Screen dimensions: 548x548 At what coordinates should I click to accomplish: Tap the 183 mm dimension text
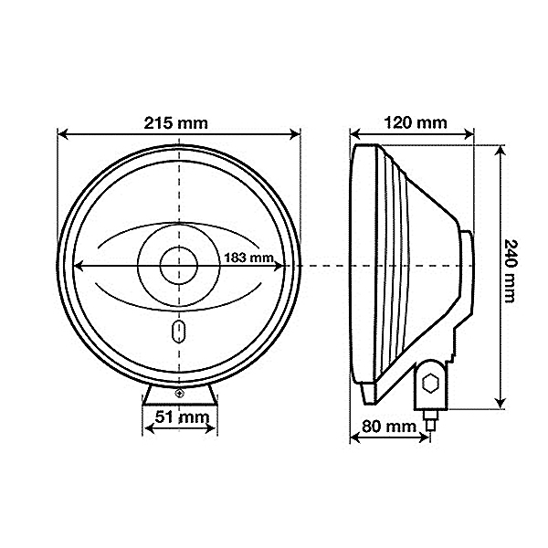[248, 258]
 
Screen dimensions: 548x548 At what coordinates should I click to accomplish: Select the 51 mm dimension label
[179, 418]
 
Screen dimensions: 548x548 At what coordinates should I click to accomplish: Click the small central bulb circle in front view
[179, 266]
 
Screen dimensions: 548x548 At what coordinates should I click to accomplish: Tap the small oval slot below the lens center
[179, 330]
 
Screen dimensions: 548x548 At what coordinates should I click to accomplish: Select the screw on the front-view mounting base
[179, 393]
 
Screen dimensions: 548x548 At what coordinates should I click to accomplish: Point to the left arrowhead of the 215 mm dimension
[62, 133]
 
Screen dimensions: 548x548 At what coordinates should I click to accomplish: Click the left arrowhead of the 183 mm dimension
[78, 266]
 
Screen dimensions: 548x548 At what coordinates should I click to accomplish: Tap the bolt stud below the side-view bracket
[431, 423]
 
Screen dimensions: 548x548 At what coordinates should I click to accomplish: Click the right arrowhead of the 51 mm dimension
[212, 432]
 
